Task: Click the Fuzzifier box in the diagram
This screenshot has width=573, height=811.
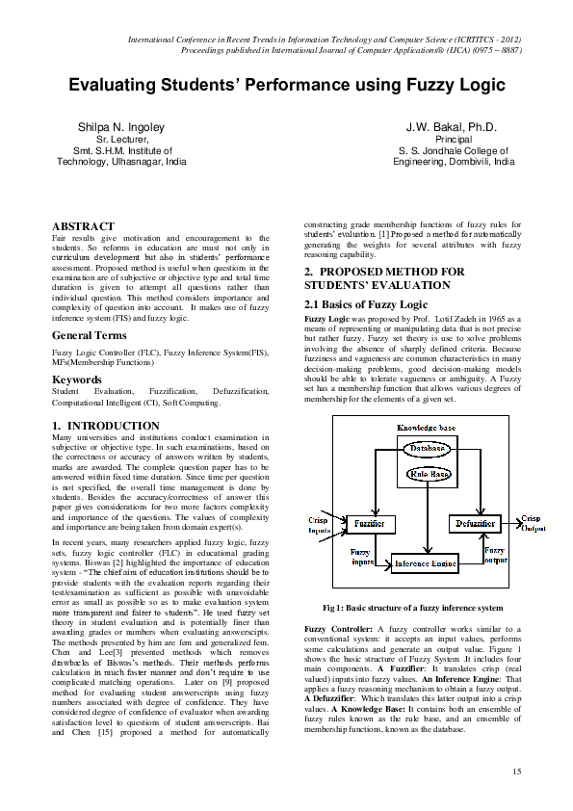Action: click(370, 523)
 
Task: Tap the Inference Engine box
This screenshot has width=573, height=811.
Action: click(424, 562)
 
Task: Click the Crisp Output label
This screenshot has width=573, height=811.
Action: click(532, 523)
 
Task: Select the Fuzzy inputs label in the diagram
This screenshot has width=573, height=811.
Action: click(363, 556)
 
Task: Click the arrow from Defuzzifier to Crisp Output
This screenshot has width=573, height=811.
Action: click(510, 523)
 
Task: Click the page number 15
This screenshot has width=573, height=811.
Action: click(516, 772)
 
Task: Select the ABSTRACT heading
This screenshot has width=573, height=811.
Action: click(82, 226)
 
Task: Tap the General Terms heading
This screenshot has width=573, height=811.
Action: click(89, 336)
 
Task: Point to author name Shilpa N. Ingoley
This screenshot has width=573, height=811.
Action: click(121, 127)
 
